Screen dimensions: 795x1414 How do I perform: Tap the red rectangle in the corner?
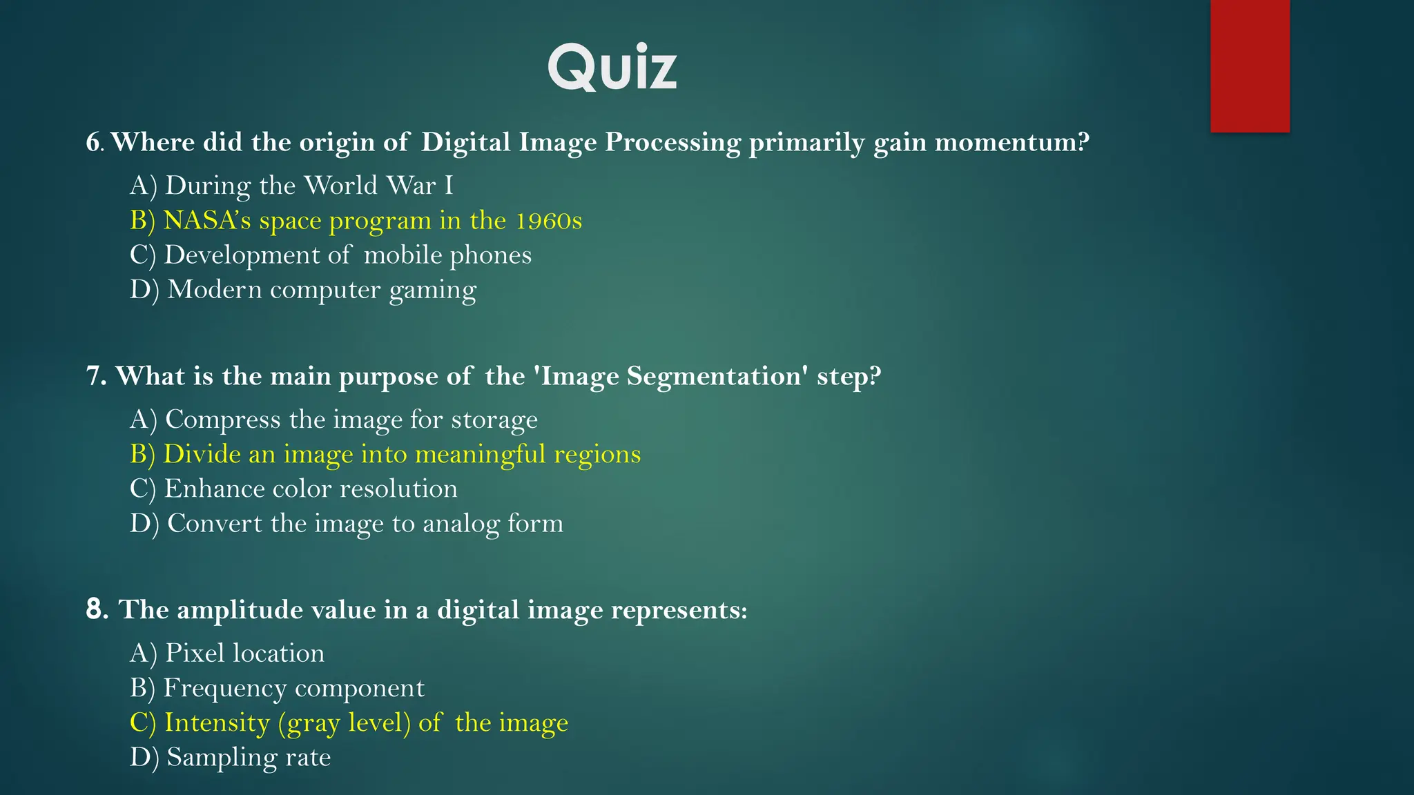coord(1250,66)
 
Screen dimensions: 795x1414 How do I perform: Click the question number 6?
coord(93,142)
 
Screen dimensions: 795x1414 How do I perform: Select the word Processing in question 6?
coord(672,142)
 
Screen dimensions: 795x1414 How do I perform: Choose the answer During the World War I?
coord(291,186)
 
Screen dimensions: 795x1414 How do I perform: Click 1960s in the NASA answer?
coord(549,221)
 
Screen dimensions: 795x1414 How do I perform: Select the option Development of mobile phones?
coord(331,255)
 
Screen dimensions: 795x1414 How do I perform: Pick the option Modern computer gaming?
coord(303,290)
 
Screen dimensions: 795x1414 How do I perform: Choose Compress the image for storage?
coord(333,420)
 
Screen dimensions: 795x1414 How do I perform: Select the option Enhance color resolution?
coord(293,489)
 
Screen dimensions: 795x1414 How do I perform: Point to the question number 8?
coord(96,609)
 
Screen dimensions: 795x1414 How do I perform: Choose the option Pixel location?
coord(227,654)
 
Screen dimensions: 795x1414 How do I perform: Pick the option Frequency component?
coord(277,688)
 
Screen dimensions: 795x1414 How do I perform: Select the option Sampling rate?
coord(231,758)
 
